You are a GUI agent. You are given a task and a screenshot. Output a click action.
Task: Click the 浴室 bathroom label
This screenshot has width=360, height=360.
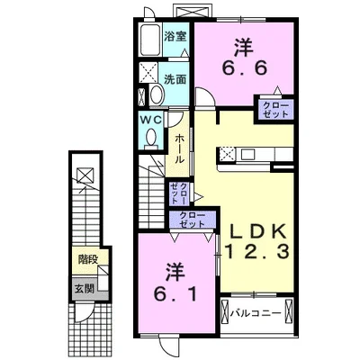(175, 37)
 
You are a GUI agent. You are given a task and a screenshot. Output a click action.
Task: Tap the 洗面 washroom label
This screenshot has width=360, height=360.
(175, 78)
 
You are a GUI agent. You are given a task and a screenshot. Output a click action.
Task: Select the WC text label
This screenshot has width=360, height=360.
(150, 118)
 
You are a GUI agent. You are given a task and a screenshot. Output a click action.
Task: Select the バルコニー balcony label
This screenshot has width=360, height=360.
(255, 314)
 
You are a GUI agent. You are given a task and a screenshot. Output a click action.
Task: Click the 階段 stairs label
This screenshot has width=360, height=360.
(87, 259)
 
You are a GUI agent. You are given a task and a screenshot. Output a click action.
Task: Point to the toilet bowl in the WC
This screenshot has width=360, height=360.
(150, 136)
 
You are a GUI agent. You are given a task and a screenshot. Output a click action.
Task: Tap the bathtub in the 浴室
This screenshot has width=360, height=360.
(149, 42)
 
